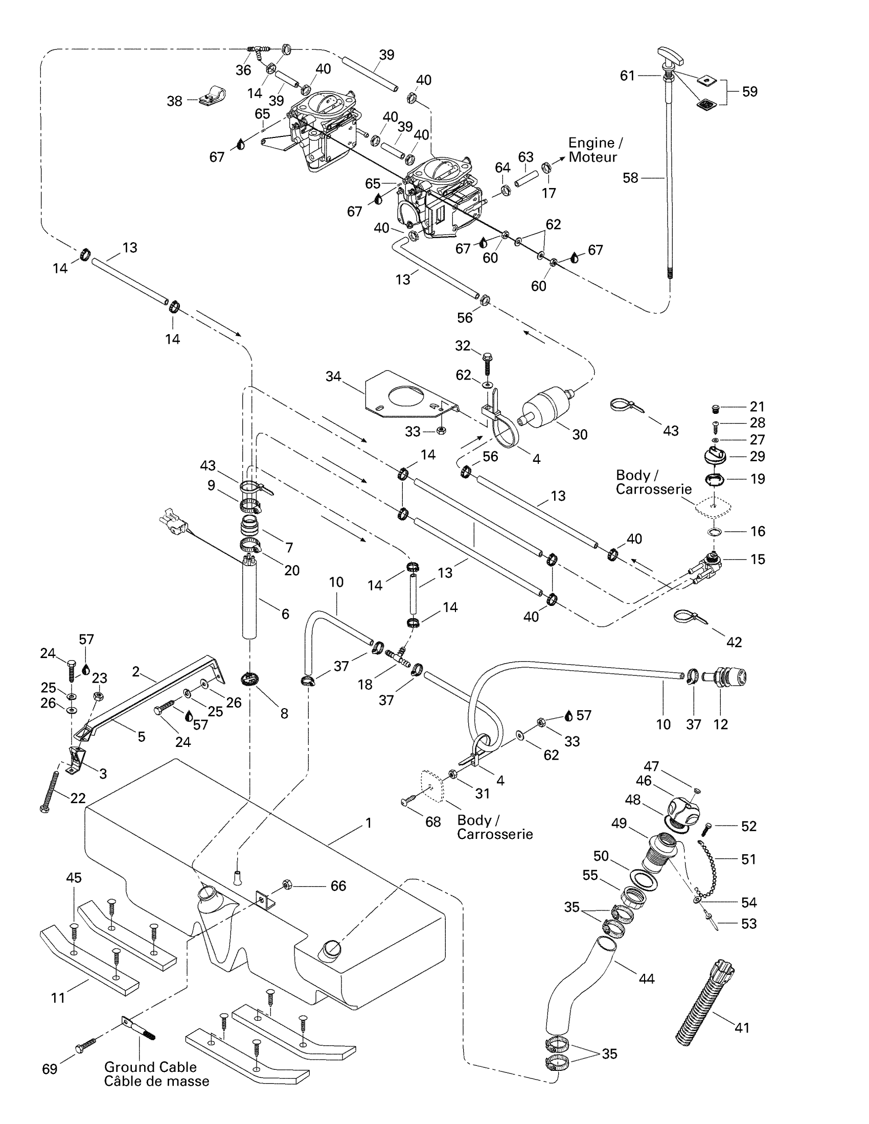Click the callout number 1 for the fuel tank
(x=369, y=824)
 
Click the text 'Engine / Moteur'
(x=595, y=150)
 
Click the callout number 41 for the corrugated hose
(x=742, y=1028)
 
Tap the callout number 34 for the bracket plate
(x=333, y=376)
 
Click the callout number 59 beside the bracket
(x=749, y=91)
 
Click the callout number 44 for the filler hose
(x=647, y=978)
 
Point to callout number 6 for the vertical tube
(x=285, y=614)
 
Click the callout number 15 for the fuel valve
(x=758, y=559)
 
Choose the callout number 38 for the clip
(x=174, y=101)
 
